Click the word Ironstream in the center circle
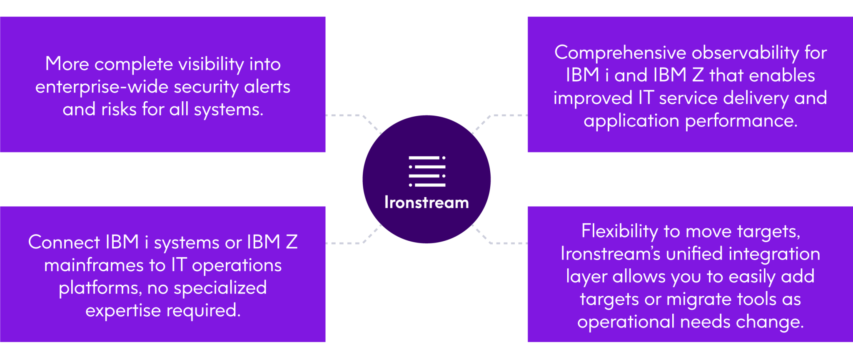coord(426,202)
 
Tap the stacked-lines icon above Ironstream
coord(427,171)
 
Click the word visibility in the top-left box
coord(211,65)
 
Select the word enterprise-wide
coord(102,87)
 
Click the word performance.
coord(741,121)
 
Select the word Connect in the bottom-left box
coord(64,242)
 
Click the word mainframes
coord(94,265)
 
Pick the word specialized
coord(220,288)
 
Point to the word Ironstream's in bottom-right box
coord(610,254)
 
